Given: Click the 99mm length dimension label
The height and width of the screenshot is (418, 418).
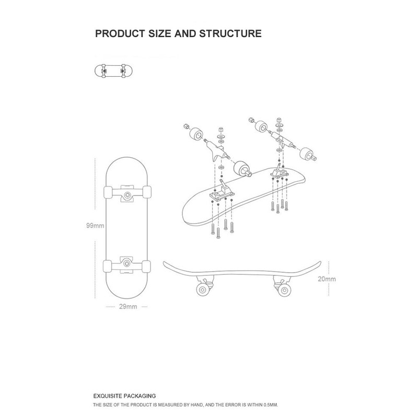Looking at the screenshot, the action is pos(96,226).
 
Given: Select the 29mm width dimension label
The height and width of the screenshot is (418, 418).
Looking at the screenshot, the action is pos(128,307).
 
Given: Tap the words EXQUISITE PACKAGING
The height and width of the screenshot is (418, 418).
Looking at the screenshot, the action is pos(124,396).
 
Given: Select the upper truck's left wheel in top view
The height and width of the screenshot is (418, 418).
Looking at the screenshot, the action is pos(108,192).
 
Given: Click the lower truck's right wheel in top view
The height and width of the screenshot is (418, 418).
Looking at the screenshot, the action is pos(148,265).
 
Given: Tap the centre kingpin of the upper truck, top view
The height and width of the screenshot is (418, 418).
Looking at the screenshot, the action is pos(127,195).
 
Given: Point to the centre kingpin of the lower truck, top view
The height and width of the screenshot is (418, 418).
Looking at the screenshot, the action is pos(127,264).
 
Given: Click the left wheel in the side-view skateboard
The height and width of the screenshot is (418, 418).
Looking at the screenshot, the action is pos(201,291).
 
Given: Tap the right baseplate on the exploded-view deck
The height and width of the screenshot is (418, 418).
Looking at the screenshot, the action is pos(278,172).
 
